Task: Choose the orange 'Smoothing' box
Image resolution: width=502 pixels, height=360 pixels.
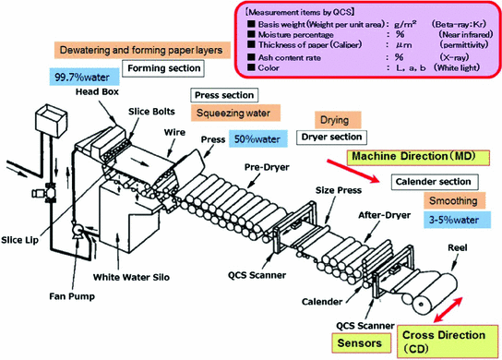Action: [x=454, y=200]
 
